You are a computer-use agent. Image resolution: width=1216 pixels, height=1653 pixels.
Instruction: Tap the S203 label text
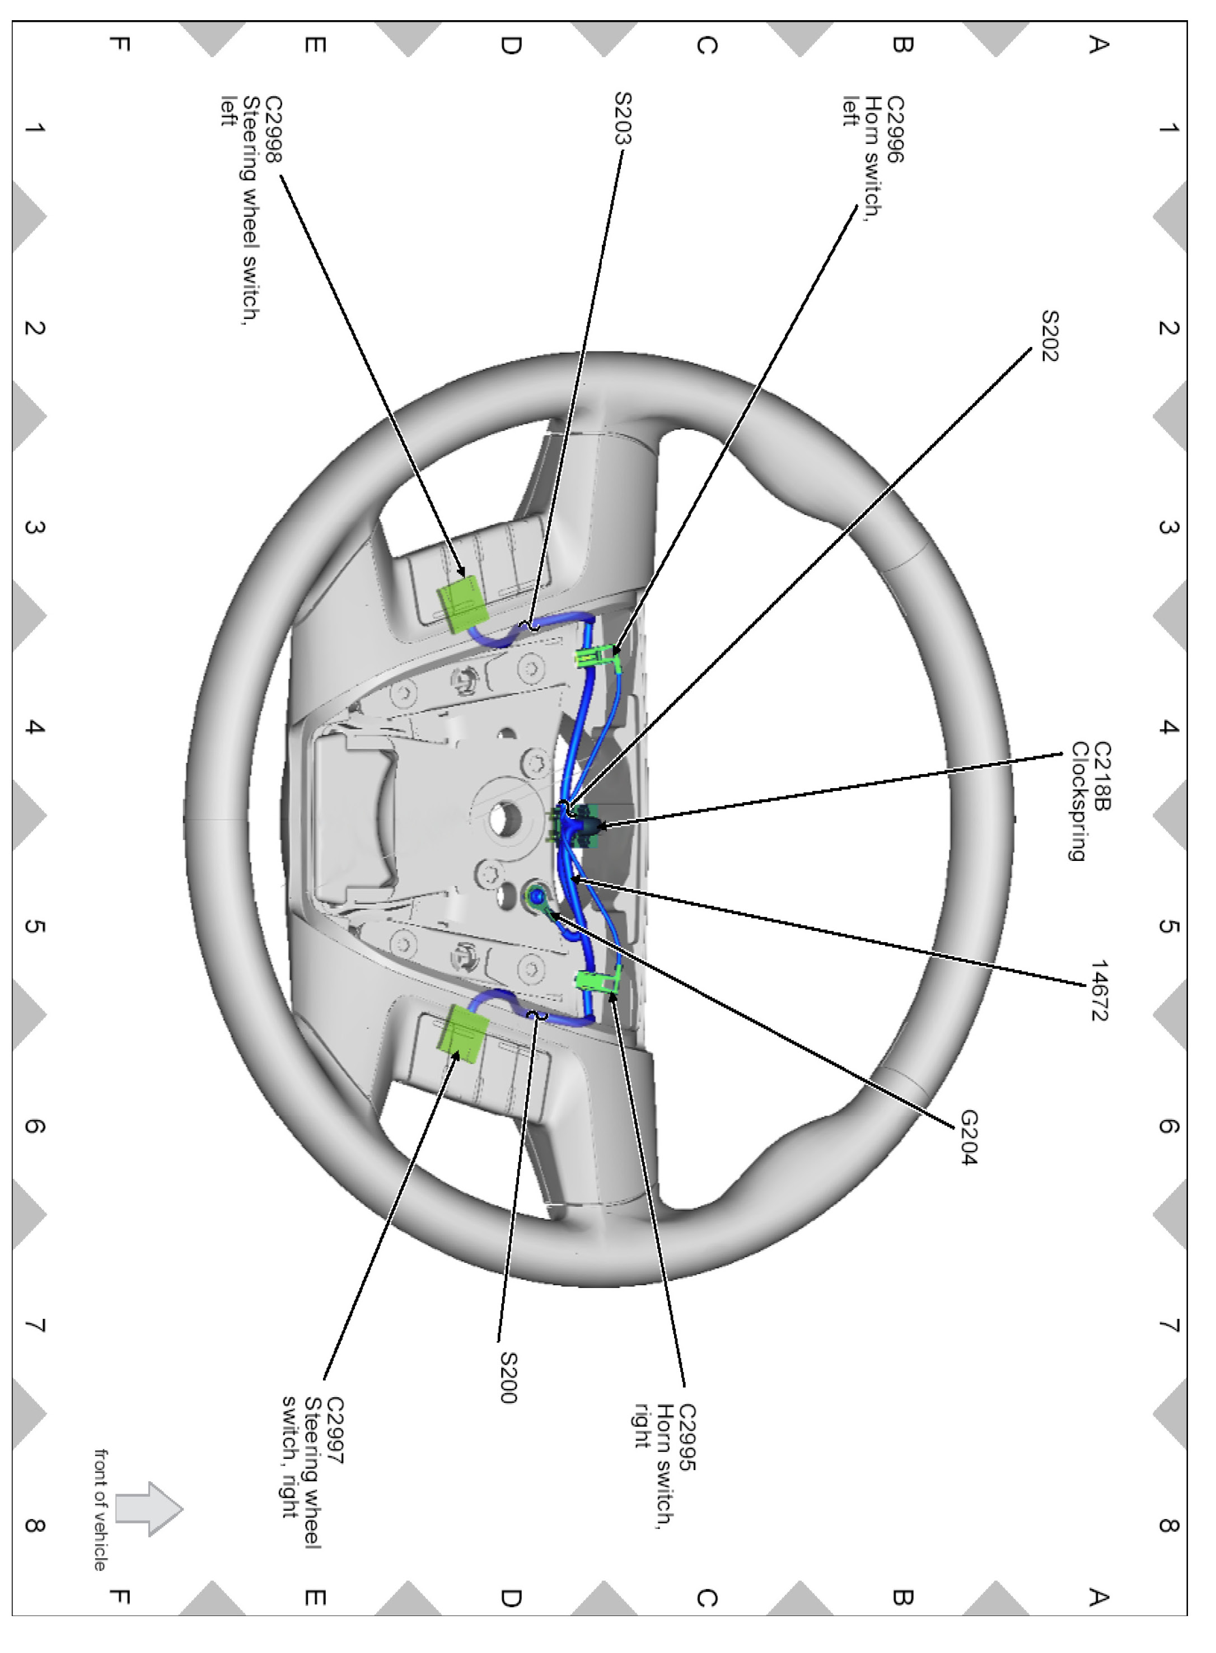[x=623, y=118]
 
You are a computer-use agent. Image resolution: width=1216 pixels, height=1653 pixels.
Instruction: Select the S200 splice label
[x=509, y=1378]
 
